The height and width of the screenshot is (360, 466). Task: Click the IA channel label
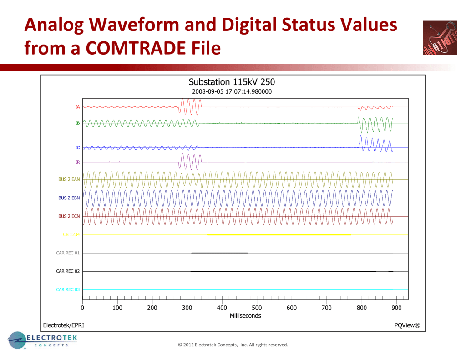(78, 107)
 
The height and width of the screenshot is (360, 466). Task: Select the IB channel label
(78, 123)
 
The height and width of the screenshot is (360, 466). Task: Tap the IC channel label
(78, 148)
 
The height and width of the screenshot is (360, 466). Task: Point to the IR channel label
(78, 162)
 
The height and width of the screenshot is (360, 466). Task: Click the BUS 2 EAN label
(69, 179)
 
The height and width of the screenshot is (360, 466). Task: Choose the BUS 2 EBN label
(69, 198)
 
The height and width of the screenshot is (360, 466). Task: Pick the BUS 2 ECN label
(69, 216)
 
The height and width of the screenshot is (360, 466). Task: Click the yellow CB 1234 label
(71, 235)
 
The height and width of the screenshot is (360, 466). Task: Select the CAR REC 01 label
(68, 253)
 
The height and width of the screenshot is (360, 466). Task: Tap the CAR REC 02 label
(68, 271)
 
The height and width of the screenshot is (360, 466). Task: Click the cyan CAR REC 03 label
(68, 289)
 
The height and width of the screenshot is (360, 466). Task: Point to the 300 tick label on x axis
(187, 308)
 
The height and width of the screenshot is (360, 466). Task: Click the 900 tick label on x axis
(396, 308)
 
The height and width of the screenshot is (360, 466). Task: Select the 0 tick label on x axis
(82, 308)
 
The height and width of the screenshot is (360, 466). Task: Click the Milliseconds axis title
(245, 316)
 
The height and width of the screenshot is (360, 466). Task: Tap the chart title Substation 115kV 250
(232, 82)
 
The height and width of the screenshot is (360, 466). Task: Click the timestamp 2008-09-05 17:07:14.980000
(232, 91)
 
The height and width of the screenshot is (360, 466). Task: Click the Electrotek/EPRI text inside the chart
(63, 325)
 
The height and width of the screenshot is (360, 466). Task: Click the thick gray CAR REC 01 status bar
(219, 253)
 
